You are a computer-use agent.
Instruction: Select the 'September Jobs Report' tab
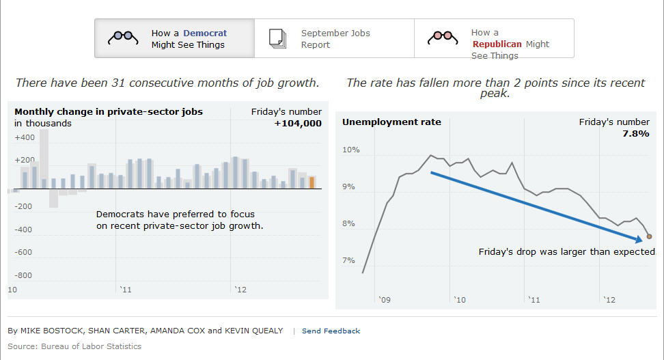pyautogui.click(x=334, y=39)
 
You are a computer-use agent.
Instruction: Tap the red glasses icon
pyautogui.click(x=443, y=38)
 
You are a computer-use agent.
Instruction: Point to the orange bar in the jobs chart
pyautogui.click(x=312, y=182)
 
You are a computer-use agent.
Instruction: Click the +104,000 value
pyautogui.click(x=298, y=124)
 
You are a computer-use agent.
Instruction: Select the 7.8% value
pyautogui.click(x=635, y=134)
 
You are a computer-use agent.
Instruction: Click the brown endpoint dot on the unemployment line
pyautogui.click(x=649, y=236)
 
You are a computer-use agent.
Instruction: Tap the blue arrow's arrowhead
pyautogui.click(x=639, y=239)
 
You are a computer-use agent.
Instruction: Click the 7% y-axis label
pyautogui.click(x=348, y=260)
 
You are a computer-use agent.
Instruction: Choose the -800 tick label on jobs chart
pyautogui.click(x=24, y=275)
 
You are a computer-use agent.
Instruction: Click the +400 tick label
pyautogui.click(x=25, y=137)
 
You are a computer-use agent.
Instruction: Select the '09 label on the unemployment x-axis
pyautogui.click(x=384, y=299)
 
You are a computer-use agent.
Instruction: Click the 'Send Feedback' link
pyautogui.click(x=331, y=331)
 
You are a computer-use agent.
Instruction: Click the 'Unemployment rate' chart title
pyautogui.click(x=391, y=122)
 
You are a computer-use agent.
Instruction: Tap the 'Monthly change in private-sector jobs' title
pyautogui.click(x=109, y=111)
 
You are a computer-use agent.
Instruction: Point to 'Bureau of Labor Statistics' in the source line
pyautogui.click(x=92, y=346)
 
